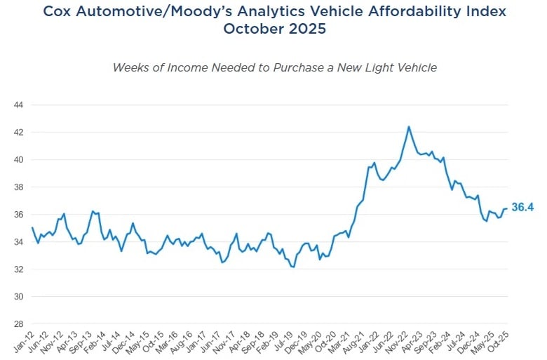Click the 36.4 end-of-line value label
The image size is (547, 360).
[522, 208]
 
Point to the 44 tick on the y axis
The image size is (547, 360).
[19, 105]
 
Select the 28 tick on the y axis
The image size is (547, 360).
[19, 324]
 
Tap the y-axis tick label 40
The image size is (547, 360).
[19, 159]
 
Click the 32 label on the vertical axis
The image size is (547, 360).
[19, 269]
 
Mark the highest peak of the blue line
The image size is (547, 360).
[409, 127]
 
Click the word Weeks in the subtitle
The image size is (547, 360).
[131, 67]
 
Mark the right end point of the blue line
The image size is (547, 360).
[506, 208]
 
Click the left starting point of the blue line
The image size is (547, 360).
[32, 227]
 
